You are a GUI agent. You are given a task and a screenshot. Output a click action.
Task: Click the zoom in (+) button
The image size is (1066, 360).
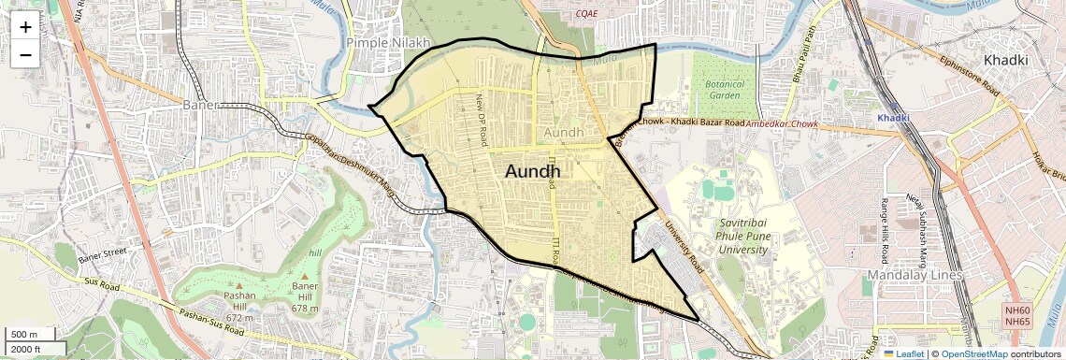25,27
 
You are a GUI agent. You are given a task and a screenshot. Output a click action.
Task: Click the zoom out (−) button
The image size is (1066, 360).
25,54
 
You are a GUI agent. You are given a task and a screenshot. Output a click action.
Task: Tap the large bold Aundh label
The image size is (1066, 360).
533,171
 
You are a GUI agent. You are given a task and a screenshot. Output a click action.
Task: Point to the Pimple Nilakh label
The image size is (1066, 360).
388,43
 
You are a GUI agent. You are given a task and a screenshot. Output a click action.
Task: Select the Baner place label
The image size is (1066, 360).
201,104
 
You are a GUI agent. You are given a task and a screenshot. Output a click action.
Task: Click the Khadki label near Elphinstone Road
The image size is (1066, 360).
1005,60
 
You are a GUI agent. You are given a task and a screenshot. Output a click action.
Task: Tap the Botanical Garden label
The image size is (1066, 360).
725,90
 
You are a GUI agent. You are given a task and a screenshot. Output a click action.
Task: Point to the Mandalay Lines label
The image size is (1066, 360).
914,275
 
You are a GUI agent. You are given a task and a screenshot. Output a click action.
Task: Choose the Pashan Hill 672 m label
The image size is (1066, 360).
239,307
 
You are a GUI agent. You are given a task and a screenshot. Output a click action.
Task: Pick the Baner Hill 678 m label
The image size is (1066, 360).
306,297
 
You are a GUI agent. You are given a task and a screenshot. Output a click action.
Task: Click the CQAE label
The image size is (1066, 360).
586,13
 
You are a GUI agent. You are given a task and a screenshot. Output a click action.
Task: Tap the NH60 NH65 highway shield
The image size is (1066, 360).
1017,316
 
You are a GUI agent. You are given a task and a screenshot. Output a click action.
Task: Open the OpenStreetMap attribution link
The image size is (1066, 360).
974,353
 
